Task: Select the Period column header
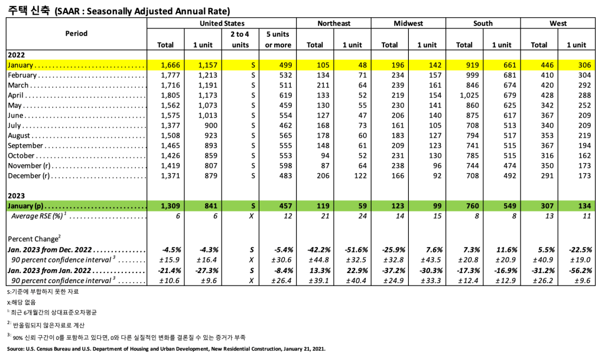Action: pyautogui.click(x=76, y=33)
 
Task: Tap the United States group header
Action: pyautogui.click(x=222, y=23)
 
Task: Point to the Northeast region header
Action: pyautogui.click(x=333, y=23)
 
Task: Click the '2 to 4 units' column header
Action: pyautogui.click(x=240, y=39)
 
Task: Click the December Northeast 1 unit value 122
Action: pyautogui.click(x=359, y=176)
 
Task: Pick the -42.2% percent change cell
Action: pyautogui.click(x=317, y=249)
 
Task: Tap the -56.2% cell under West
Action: pyautogui.click(x=578, y=270)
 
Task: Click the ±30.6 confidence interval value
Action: pyautogui.click(x=280, y=260)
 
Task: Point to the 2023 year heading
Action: pyautogui.click(x=16, y=195)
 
